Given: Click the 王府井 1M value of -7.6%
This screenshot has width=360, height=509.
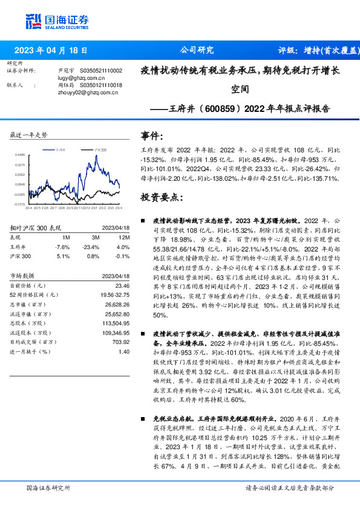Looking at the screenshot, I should [x=62, y=247].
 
